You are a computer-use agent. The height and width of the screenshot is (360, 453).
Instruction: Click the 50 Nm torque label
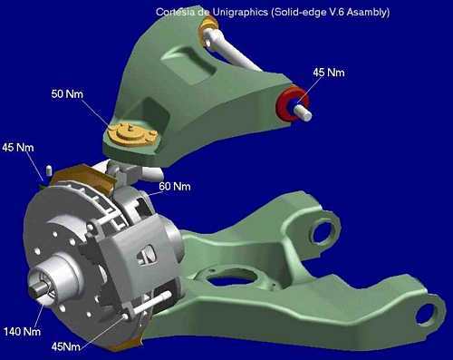click(67, 94)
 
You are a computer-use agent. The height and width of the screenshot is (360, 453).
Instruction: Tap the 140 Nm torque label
click(22, 332)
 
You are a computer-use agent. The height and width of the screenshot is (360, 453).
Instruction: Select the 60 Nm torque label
click(175, 186)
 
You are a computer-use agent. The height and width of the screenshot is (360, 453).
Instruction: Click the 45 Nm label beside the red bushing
click(329, 73)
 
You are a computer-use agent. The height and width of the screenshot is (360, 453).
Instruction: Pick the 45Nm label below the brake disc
click(66, 346)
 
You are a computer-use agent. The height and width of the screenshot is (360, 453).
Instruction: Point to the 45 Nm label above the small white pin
click(18, 148)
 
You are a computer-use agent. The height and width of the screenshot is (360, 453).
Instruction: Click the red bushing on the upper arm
click(291, 102)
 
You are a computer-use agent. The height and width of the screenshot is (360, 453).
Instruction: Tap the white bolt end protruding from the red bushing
click(304, 112)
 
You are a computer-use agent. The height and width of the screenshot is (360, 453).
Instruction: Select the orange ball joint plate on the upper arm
click(131, 134)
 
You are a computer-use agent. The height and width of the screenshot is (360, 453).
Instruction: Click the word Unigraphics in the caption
click(240, 12)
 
